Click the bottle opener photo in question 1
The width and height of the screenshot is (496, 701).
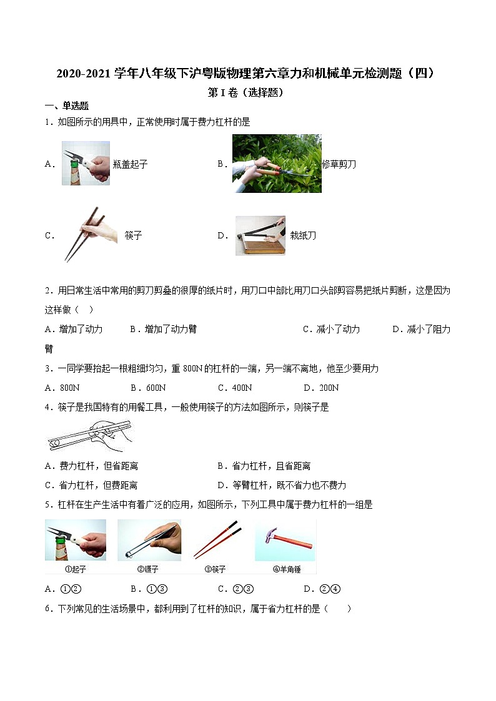tap(86, 164)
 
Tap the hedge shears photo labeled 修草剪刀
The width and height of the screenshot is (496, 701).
tap(277, 164)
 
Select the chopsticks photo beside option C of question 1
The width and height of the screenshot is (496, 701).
tap(90, 235)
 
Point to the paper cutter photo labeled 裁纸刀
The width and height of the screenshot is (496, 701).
tap(260, 235)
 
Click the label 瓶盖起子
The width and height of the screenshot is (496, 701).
tap(130, 165)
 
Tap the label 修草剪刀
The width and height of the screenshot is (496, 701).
tap(339, 165)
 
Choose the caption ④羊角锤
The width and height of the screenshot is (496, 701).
tap(284, 569)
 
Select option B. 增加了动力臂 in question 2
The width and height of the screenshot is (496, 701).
tap(163, 329)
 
